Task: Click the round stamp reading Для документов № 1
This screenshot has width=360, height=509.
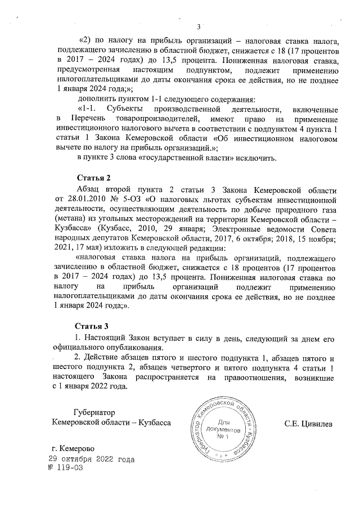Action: (x=224, y=427)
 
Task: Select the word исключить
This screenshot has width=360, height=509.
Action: (x=255, y=157)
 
